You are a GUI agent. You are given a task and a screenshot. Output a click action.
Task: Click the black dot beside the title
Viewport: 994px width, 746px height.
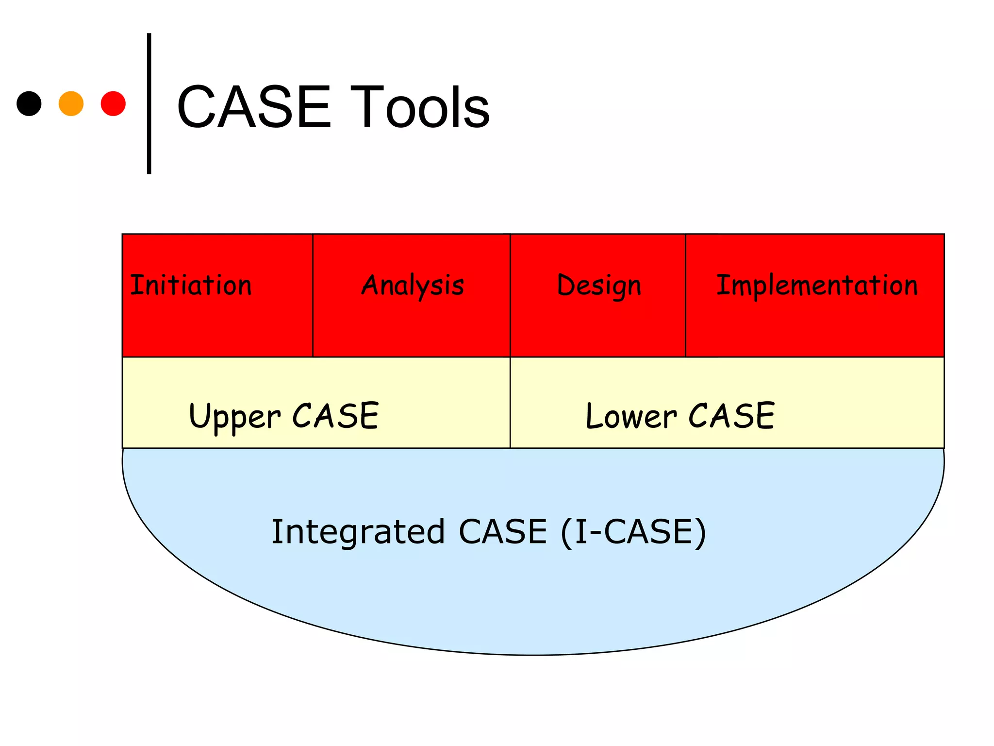[x=29, y=103]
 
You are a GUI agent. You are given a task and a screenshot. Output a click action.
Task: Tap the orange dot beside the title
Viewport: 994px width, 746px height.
[x=71, y=103]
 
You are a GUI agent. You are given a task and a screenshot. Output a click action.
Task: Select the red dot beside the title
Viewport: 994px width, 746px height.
[x=113, y=103]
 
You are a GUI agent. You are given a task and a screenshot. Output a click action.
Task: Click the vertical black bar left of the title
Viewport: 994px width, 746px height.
[x=149, y=103]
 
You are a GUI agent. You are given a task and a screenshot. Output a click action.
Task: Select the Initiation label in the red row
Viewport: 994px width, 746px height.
[x=191, y=285]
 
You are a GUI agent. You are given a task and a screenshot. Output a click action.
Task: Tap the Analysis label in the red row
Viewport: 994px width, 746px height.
[x=413, y=286]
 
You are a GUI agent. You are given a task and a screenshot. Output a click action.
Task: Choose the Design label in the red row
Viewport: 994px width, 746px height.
[x=599, y=286]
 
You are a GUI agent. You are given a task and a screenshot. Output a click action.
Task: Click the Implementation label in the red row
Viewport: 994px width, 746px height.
[x=817, y=286]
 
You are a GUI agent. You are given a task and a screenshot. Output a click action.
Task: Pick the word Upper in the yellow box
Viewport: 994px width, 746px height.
[x=235, y=417]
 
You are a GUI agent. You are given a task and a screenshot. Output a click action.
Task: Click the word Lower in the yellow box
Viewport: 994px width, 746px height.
[x=631, y=417]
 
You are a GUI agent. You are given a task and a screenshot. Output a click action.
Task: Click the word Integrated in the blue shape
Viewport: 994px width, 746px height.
[x=358, y=531]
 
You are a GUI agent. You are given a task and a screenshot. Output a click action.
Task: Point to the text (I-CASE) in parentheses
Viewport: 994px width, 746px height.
[x=633, y=531]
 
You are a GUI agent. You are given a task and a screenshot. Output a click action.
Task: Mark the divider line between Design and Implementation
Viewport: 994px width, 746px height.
[x=685, y=295]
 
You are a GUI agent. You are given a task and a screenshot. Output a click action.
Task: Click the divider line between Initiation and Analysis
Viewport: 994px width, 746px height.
[x=313, y=295]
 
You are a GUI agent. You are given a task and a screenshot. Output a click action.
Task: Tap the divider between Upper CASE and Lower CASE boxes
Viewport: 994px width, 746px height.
[x=510, y=402]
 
